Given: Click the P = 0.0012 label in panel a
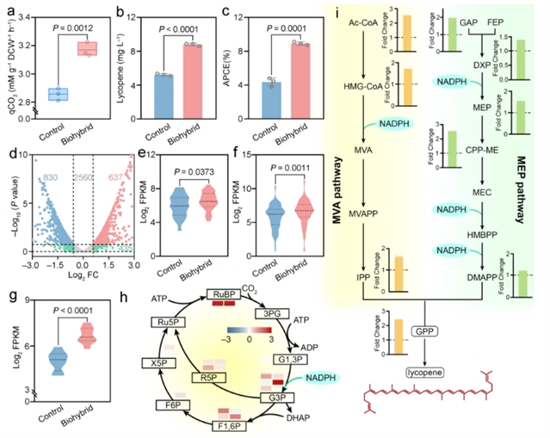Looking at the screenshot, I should [x=76, y=15].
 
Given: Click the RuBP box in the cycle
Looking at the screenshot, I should [x=223, y=295].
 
